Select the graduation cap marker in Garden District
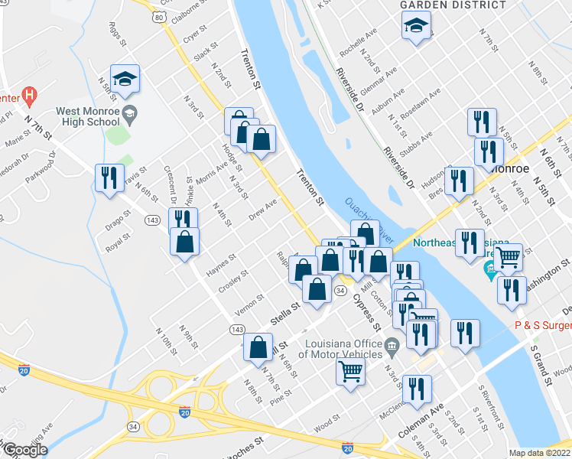coord(416,28)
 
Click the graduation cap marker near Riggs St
coord(125,79)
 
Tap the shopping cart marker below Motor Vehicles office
coord(350,373)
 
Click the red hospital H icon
coord(29,96)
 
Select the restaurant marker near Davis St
coord(109,179)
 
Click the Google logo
coord(25,450)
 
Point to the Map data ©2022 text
coord(540,453)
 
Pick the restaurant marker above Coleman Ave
coord(415,388)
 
